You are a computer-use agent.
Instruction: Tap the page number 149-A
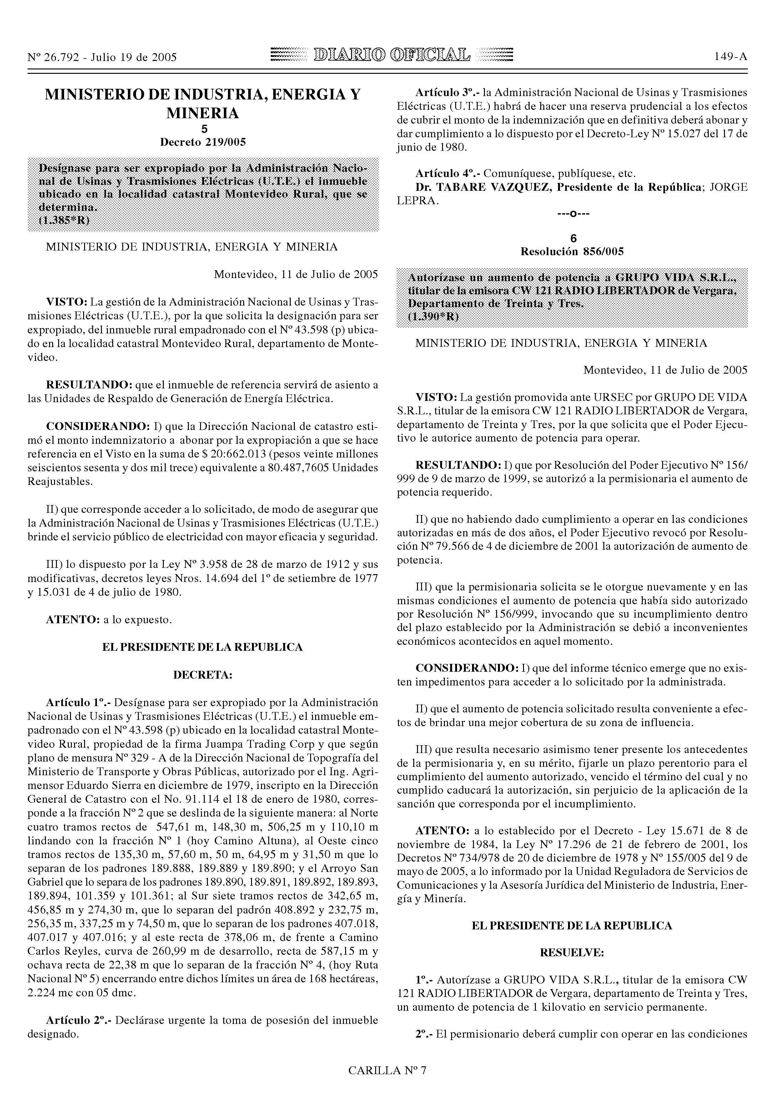point(731,57)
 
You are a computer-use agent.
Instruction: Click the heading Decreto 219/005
point(203,142)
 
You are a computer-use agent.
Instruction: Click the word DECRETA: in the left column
point(203,675)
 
